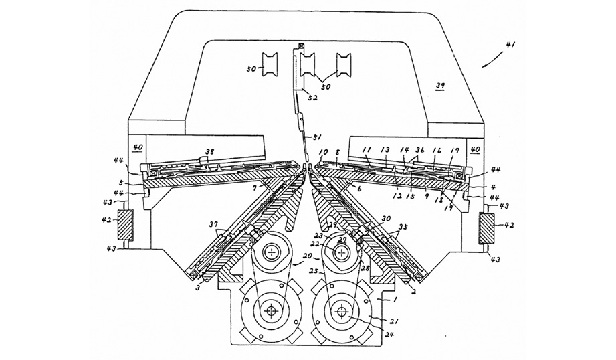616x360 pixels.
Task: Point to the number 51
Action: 306,139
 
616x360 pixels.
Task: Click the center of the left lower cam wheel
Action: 273,312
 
